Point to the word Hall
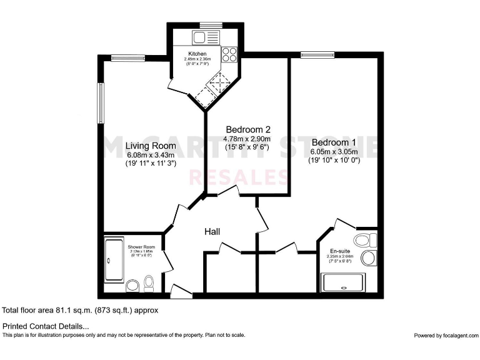212,232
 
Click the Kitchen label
197,54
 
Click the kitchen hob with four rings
229,54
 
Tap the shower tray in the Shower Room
115,259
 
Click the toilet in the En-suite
365,240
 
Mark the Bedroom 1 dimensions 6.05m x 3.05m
334,151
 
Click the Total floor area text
80,310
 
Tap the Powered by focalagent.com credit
445,336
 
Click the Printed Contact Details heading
46,326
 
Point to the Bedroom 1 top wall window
311,55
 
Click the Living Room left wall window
99,103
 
